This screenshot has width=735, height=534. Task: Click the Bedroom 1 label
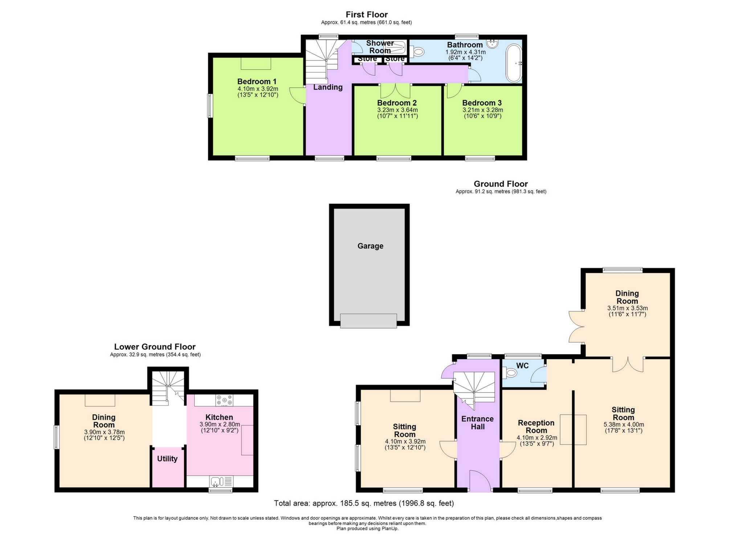(x=257, y=82)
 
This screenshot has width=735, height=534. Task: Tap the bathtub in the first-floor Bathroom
(x=514, y=63)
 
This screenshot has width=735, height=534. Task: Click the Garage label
(x=370, y=246)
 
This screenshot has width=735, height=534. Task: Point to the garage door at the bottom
(x=368, y=321)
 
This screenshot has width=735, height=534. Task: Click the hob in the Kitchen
(x=224, y=400)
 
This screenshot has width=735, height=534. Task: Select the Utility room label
(x=167, y=459)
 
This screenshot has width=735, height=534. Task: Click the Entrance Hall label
(x=478, y=423)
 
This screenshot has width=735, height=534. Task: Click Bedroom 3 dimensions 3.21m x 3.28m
(x=482, y=110)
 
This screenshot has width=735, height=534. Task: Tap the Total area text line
(x=364, y=503)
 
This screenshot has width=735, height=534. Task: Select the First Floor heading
(x=367, y=15)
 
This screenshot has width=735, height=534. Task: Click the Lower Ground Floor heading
(x=155, y=347)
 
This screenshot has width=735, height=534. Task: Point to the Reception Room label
(x=536, y=427)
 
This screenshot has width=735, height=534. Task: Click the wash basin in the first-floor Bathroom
(x=493, y=44)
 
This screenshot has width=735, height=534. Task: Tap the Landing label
(x=328, y=87)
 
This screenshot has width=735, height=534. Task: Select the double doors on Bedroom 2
(x=395, y=91)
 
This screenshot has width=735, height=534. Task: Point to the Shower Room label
(x=380, y=47)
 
